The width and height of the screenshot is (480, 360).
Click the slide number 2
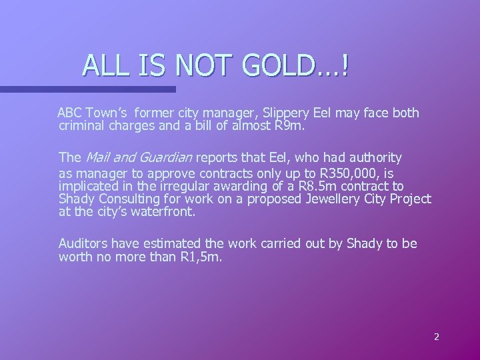coord(437,337)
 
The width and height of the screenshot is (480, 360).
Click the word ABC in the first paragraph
coord(71,113)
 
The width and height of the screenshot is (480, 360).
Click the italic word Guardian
coord(164,158)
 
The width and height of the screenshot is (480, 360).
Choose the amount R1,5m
coord(203,257)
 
